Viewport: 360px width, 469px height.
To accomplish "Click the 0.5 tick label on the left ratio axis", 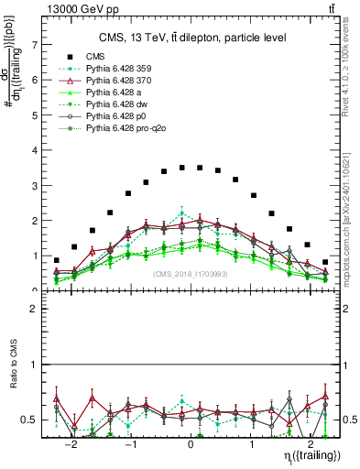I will [x=30, y=420].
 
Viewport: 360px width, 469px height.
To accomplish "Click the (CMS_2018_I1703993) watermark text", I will [x=191, y=274].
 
